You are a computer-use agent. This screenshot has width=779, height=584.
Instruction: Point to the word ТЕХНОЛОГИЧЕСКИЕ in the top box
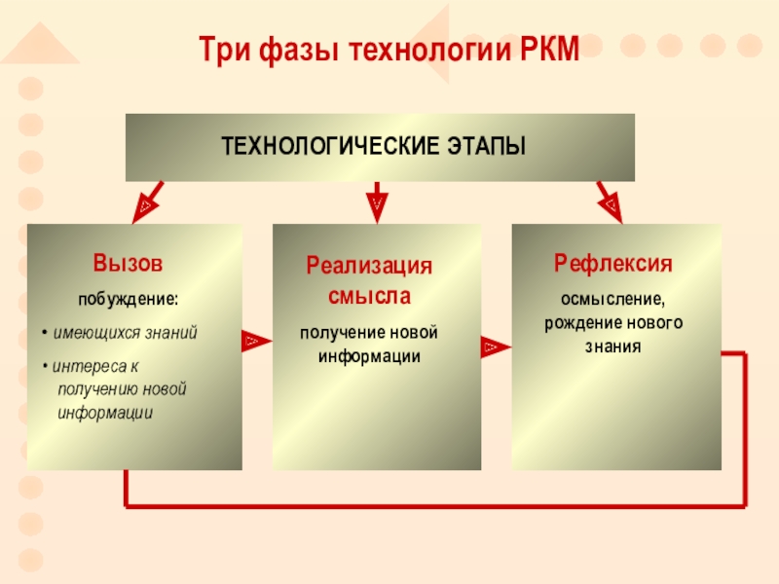pos(327,147)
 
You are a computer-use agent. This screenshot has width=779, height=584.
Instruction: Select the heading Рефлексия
pos(613,263)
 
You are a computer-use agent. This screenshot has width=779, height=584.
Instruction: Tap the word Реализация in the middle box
pos(369,266)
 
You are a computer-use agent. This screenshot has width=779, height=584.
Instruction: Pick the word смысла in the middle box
pos(369,292)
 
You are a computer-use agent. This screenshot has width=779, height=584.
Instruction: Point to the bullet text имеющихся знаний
pos(125,333)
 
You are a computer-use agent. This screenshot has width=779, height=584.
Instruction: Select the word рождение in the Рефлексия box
pos(577,322)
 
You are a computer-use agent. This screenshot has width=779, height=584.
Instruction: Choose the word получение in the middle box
pos(337,333)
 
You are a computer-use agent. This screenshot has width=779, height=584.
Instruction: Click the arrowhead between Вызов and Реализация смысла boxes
pos(254,341)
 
